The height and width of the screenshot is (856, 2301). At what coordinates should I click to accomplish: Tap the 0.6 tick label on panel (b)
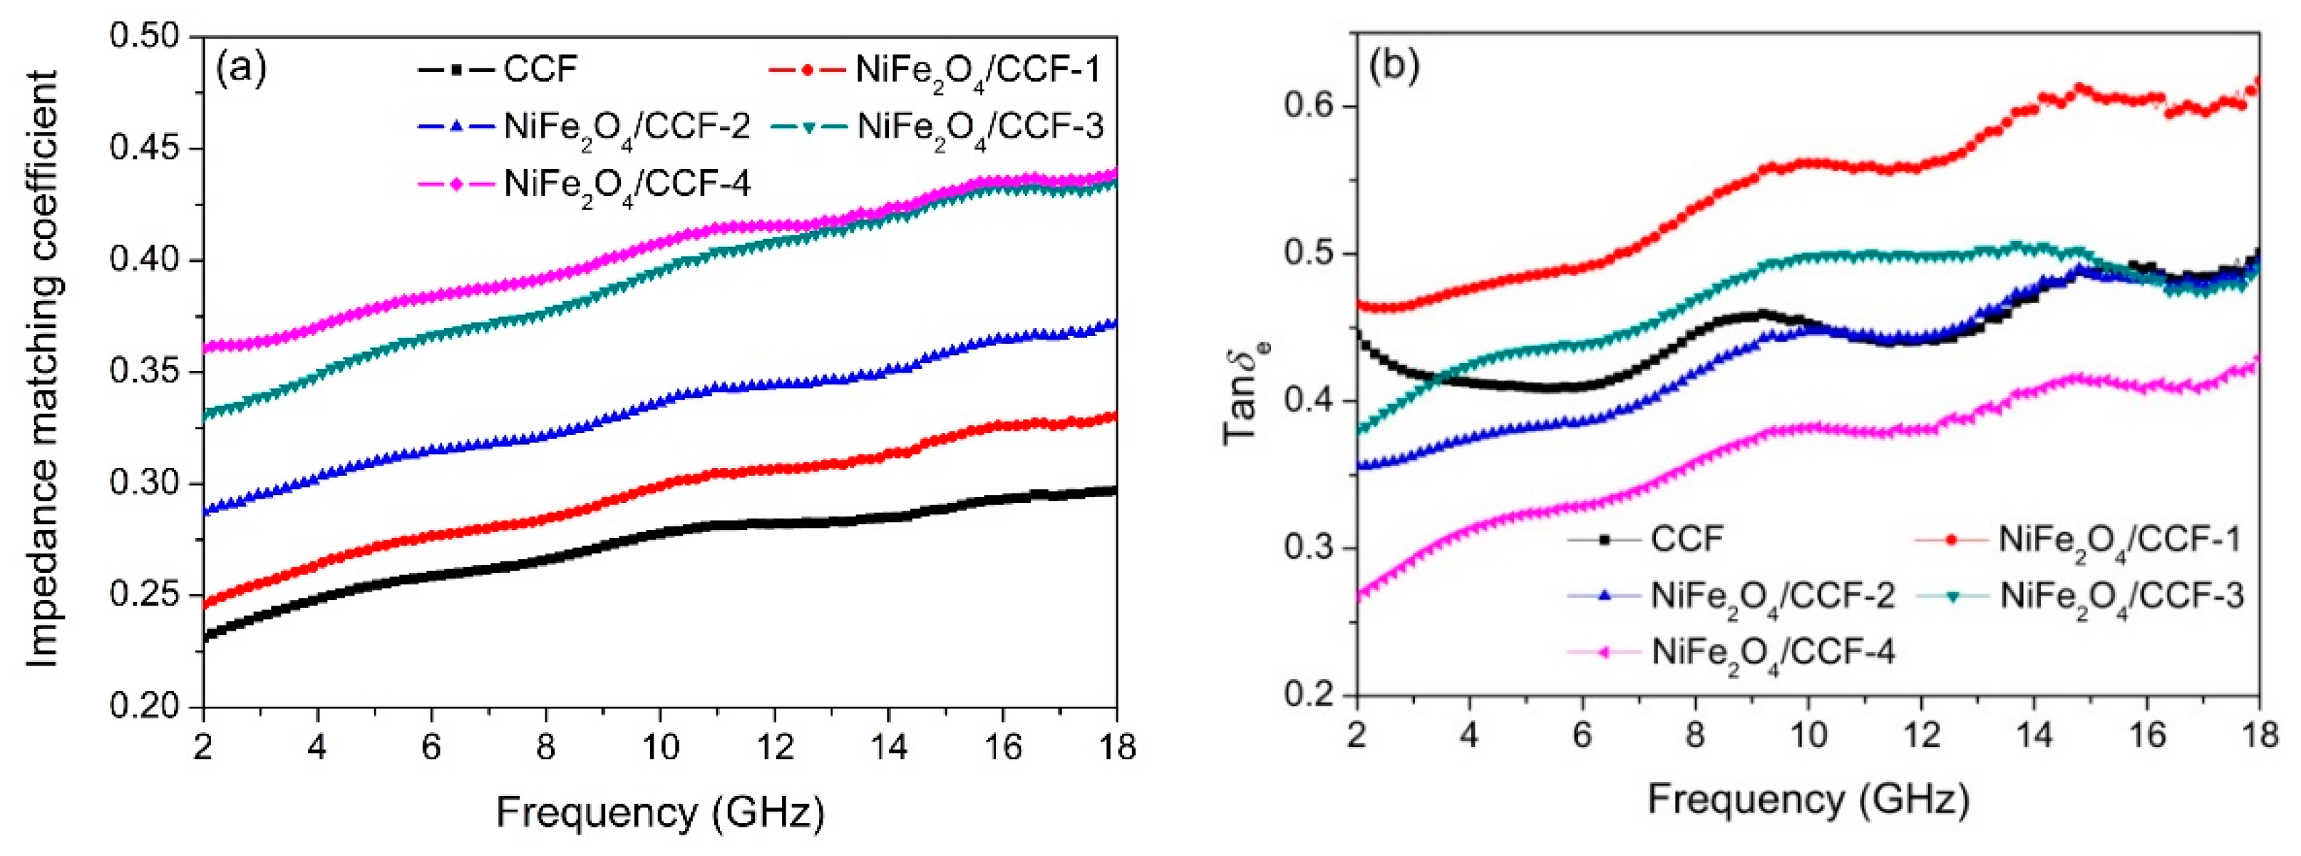point(1309,106)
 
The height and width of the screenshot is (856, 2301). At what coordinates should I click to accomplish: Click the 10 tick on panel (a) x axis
point(659,745)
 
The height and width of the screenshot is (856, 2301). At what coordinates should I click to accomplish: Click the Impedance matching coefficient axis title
point(42,368)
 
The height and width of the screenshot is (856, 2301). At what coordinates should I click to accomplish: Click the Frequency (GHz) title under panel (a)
point(659,813)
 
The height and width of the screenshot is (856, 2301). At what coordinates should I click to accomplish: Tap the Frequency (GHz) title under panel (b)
point(1808,800)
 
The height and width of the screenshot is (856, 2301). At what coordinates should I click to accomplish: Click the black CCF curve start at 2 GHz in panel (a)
point(205,636)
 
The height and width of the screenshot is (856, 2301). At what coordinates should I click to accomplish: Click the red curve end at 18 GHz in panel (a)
point(1116,417)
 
